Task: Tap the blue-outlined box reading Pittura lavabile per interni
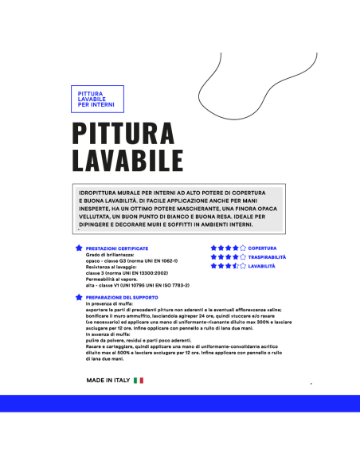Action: pyautogui.click(x=96, y=100)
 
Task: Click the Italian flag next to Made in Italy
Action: pyautogui.click(x=139, y=381)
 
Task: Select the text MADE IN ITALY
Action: pyautogui.click(x=108, y=381)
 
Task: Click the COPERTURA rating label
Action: pyautogui.click(x=263, y=248)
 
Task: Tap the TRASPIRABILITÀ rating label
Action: pyautogui.click(x=268, y=257)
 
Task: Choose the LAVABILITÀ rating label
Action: pyautogui.click(x=262, y=266)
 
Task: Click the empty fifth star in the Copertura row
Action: pyautogui.click(x=243, y=248)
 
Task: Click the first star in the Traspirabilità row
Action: pyautogui.click(x=213, y=257)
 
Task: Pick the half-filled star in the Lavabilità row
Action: pyautogui.click(x=233, y=266)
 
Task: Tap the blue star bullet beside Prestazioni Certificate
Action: pyautogui.click(x=78, y=248)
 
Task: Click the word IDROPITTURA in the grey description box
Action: pyautogui.click(x=100, y=193)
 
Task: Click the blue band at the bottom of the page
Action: pyautogui.click(x=180, y=403)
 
